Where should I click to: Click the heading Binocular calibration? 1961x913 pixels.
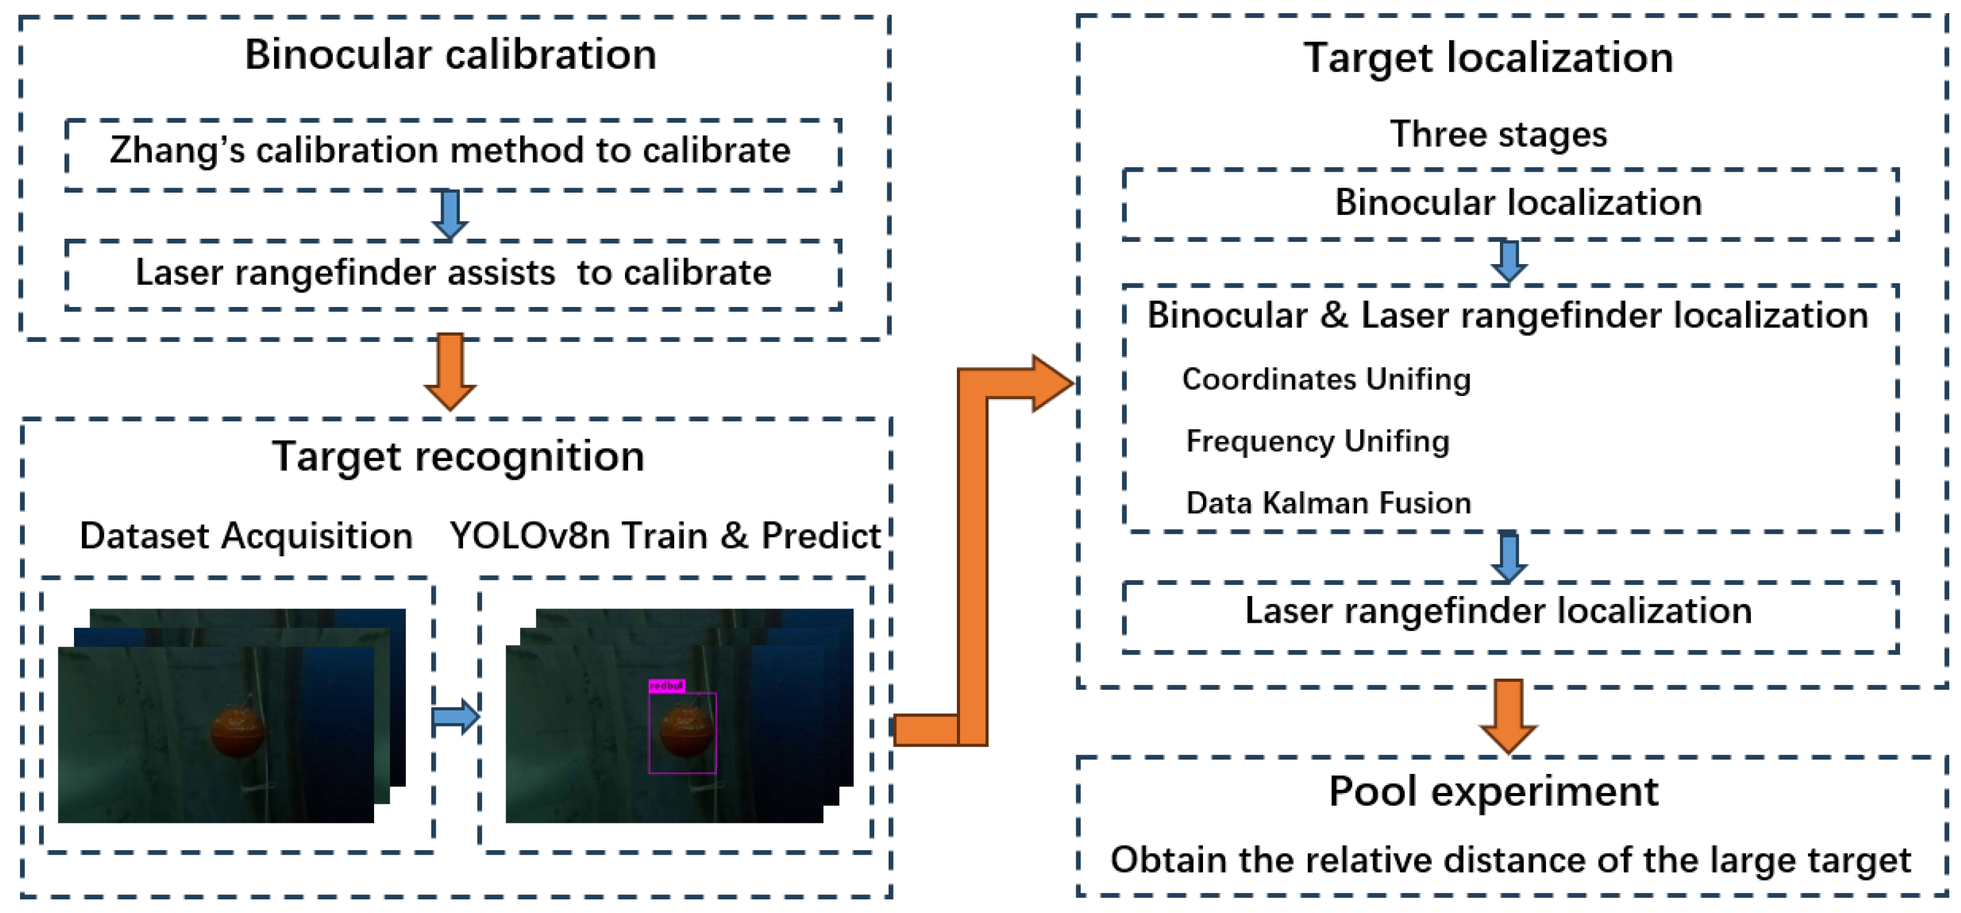[450, 55]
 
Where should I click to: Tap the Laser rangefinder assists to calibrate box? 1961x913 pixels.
[452, 273]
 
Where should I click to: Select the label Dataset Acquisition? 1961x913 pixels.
[246, 536]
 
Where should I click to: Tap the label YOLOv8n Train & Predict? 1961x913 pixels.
[665, 536]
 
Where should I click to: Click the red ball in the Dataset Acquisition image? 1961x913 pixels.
[238, 732]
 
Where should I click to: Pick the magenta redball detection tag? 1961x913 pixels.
[666, 686]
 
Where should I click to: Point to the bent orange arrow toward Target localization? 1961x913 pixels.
[973, 556]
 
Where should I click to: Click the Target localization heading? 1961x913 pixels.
[1488, 58]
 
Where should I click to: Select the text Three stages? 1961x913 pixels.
[1497, 135]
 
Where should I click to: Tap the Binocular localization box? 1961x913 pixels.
[1511, 203]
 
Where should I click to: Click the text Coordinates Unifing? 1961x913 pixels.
[1325, 379]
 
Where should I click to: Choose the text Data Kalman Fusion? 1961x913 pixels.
[1328, 503]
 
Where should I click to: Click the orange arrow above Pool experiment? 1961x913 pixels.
[1508, 716]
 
